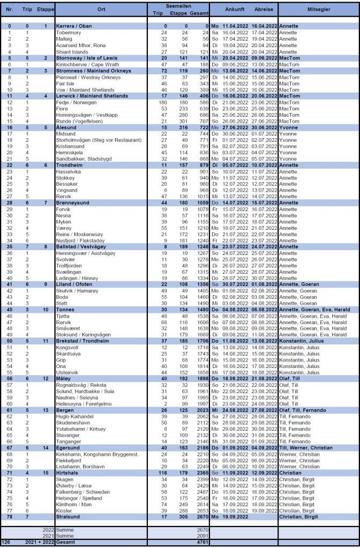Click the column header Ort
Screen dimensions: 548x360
click(101, 10)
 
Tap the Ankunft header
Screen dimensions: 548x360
click(235, 10)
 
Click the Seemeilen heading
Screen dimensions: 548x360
click(178, 6)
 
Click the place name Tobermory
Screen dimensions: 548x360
click(67, 32)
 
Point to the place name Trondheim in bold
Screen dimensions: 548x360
click(70, 166)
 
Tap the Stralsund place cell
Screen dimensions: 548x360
click(68, 516)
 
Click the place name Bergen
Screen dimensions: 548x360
click(65, 410)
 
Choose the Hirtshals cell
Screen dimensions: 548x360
click(67, 473)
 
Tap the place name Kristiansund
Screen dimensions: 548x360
click(71, 146)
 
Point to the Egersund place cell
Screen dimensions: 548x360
click(67, 447)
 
